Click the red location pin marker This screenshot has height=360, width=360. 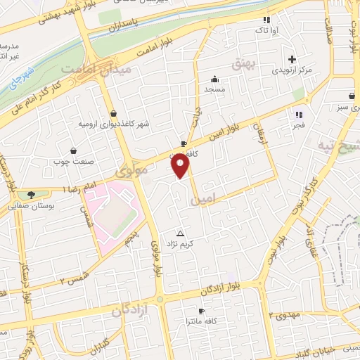click(181, 165)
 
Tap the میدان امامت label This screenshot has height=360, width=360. click(87, 70)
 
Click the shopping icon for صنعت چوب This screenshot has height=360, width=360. click(73, 150)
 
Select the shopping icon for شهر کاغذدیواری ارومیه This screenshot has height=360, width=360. click(113, 112)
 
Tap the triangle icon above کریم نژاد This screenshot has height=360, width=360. click(181, 232)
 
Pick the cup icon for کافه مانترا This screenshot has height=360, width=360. click(202, 310)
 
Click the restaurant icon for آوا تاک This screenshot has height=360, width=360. click(266, 20)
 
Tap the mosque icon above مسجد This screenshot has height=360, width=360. click(214, 79)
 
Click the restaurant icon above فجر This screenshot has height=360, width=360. click(299, 114)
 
